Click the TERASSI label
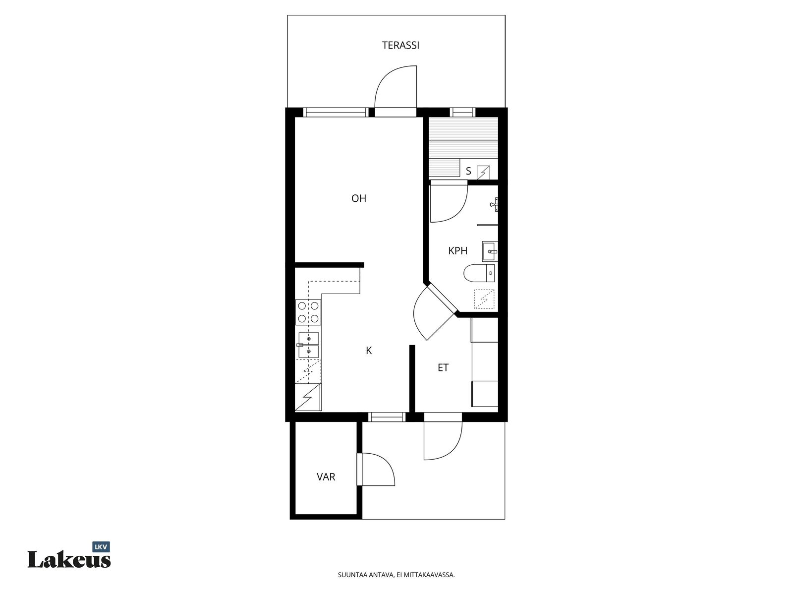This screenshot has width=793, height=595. coord(400,45)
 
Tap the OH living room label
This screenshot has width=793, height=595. coord(359,198)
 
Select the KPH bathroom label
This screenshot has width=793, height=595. coord(458,251)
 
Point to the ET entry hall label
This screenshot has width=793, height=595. coord(443,368)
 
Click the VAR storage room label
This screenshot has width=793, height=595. coord(326,477)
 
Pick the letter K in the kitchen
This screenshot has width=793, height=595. coord(369,351)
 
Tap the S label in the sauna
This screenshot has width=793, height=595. coord(468,171)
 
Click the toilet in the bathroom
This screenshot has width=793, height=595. coord(479,273)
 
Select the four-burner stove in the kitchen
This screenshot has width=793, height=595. coord(308,312)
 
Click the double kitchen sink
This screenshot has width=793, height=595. coord(308,345)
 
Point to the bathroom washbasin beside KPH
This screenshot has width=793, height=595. coord(490,251)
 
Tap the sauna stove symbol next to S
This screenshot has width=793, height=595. coord(483,173)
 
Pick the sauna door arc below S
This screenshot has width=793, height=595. coord(449,202)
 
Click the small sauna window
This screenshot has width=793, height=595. coord(462,113)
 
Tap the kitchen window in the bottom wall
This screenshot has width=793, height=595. coord(387,417)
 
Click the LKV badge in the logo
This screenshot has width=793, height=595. coord(101,547)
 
